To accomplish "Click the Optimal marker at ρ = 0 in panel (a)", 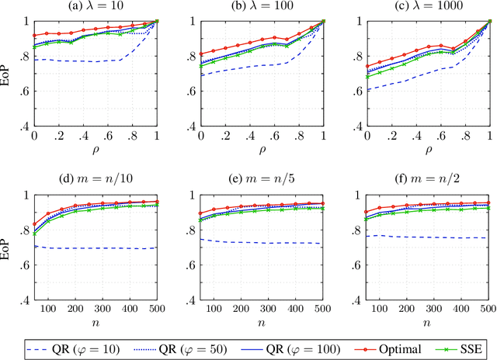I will click(x=34, y=36).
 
